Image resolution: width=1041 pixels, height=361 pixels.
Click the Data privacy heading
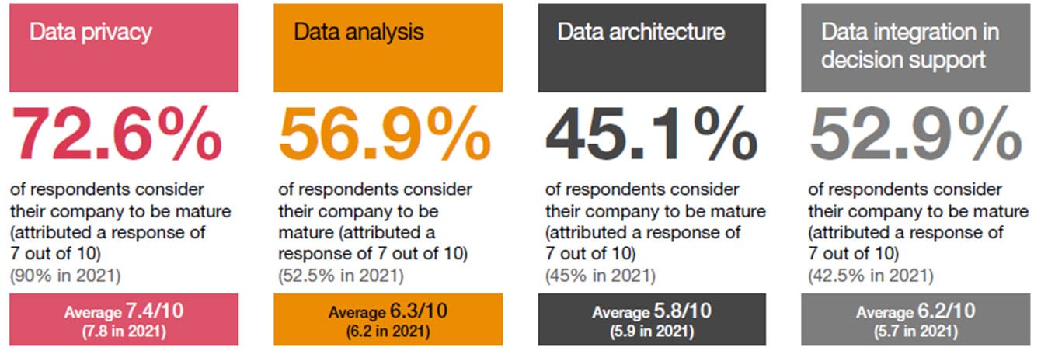pos(90,33)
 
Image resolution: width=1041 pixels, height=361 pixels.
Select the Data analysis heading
pos(358,32)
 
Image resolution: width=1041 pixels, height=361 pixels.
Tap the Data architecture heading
pos(641,32)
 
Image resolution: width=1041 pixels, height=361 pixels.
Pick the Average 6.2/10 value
pos(915,312)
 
